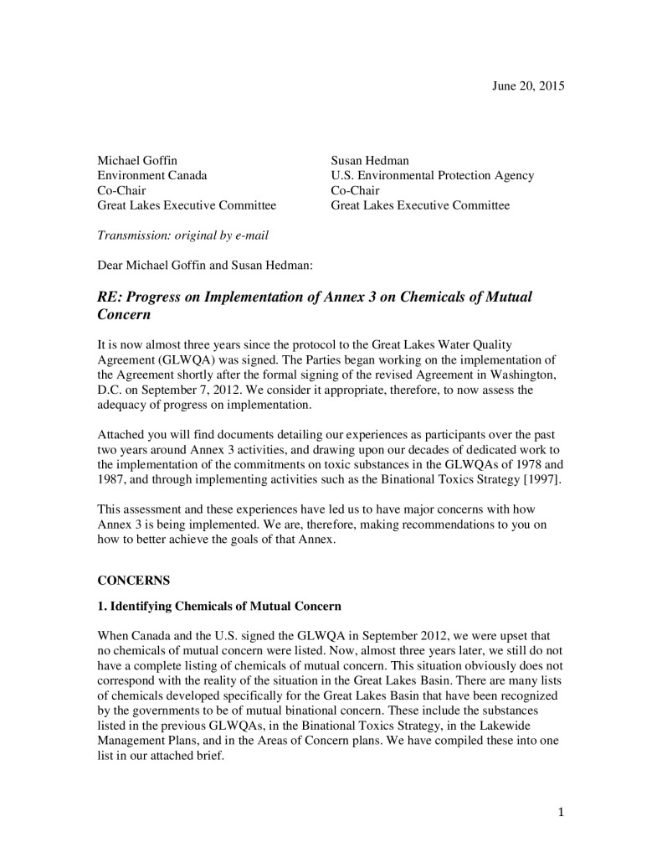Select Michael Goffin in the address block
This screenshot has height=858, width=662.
[x=137, y=160]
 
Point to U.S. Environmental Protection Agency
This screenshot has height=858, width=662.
[x=432, y=175]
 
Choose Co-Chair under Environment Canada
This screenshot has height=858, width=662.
[x=121, y=190]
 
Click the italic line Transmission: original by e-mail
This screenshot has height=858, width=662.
[x=182, y=235]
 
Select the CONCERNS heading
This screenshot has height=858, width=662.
[x=133, y=579]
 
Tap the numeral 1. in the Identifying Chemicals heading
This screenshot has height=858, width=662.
[x=102, y=605]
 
